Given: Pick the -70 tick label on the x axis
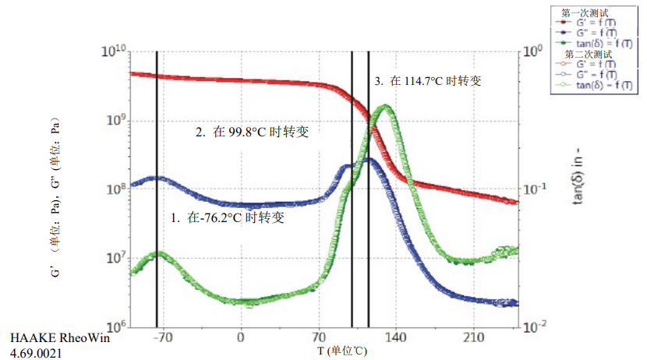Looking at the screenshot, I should tap(161, 337).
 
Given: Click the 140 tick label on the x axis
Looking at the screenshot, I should tap(397, 337).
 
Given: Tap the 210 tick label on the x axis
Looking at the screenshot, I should tap(475, 337).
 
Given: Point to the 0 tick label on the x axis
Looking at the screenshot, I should tap(241, 337).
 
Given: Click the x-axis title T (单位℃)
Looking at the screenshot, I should tap(342, 351).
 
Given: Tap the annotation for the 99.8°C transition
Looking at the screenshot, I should tap(252, 132).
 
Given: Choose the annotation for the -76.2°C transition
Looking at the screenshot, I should tap(227, 218).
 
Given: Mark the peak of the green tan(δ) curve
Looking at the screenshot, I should tap(384, 107).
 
